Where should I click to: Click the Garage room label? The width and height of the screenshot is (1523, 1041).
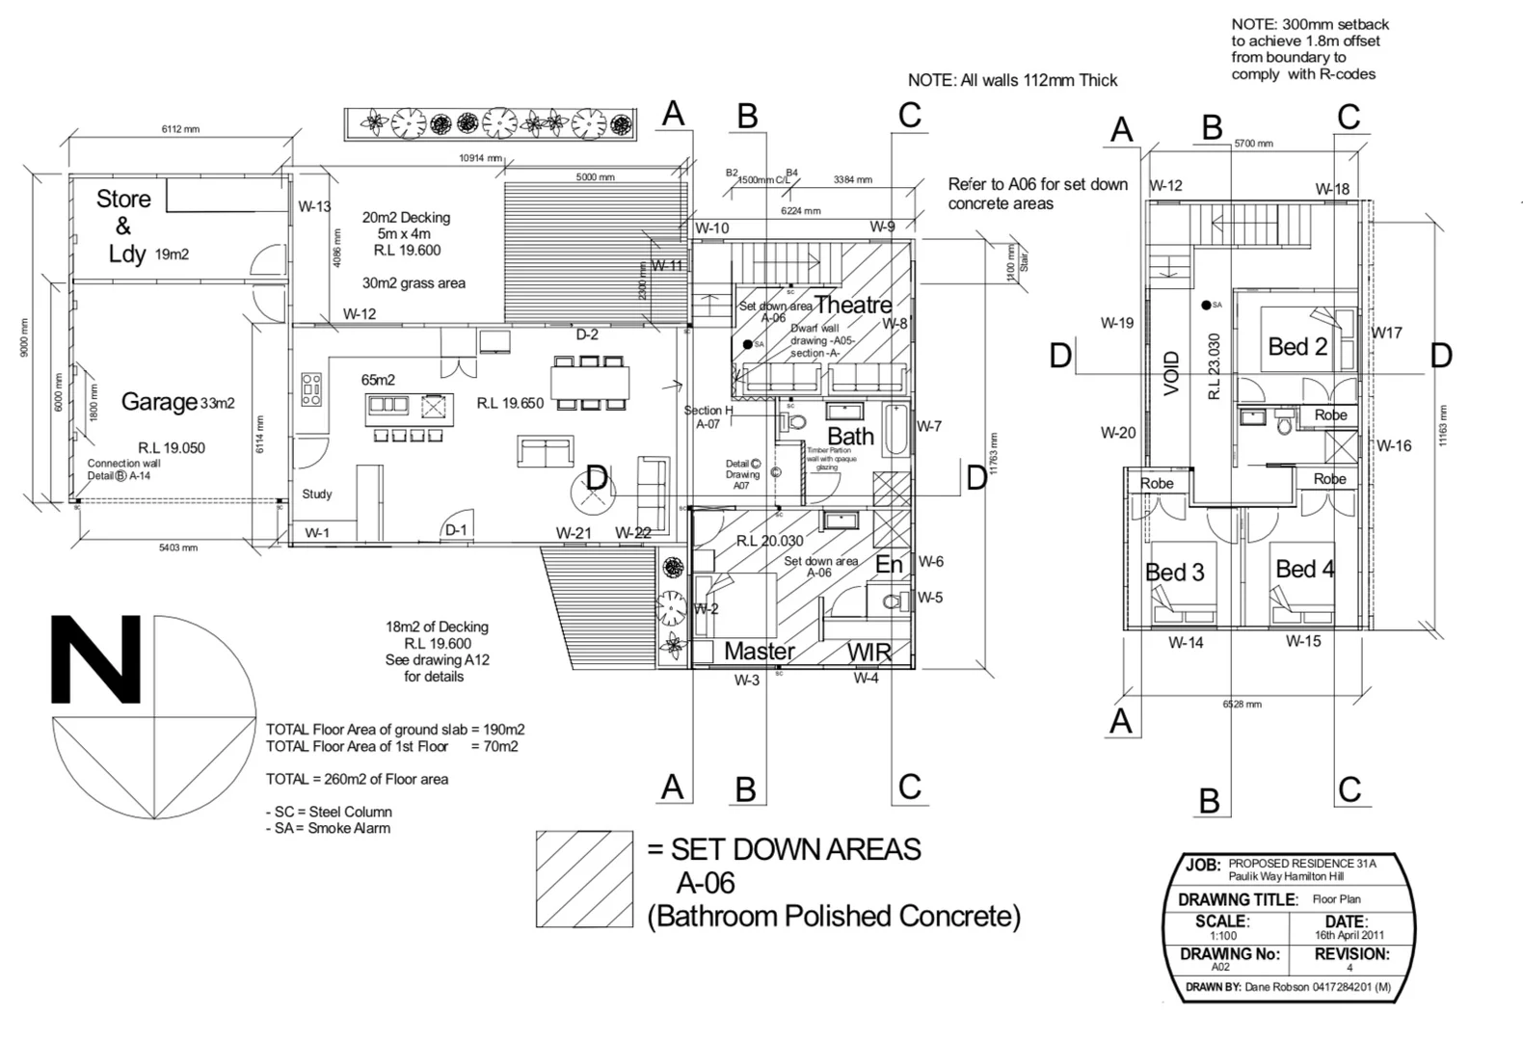(x=159, y=401)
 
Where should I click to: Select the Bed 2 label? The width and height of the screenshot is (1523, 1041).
(x=1296, y=347)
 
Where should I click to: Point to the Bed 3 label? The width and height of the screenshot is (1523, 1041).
(x=1174, y=573)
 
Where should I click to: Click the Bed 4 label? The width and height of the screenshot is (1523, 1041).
(x=1304, y=570)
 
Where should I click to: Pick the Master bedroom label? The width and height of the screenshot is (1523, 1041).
(x=759, y=652)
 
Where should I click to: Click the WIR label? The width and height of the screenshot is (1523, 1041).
(x=868, y=653)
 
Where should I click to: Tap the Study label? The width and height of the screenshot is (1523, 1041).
(x=316, y=494)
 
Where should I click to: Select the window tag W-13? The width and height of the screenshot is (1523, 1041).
(x=314, y=206)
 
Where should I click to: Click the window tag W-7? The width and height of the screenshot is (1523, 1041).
(x=928, y=426)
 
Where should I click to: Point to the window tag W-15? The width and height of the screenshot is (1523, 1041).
(x=1302, y=641)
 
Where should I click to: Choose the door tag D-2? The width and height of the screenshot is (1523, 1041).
(x=587, y=334)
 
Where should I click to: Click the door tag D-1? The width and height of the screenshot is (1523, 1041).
(x=456, y=530)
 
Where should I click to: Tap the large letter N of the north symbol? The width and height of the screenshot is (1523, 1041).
(x=96, y=660)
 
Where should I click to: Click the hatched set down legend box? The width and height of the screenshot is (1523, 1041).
(x=584, y=879)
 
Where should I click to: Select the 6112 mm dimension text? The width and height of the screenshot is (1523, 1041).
(x=180, y=129)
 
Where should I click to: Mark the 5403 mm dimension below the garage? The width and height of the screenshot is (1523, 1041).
(x=177, y=547)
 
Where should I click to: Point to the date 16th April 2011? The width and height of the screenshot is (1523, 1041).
(x=1349, y=935)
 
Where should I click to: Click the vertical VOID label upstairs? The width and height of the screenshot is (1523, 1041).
(x=1171, y=373)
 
